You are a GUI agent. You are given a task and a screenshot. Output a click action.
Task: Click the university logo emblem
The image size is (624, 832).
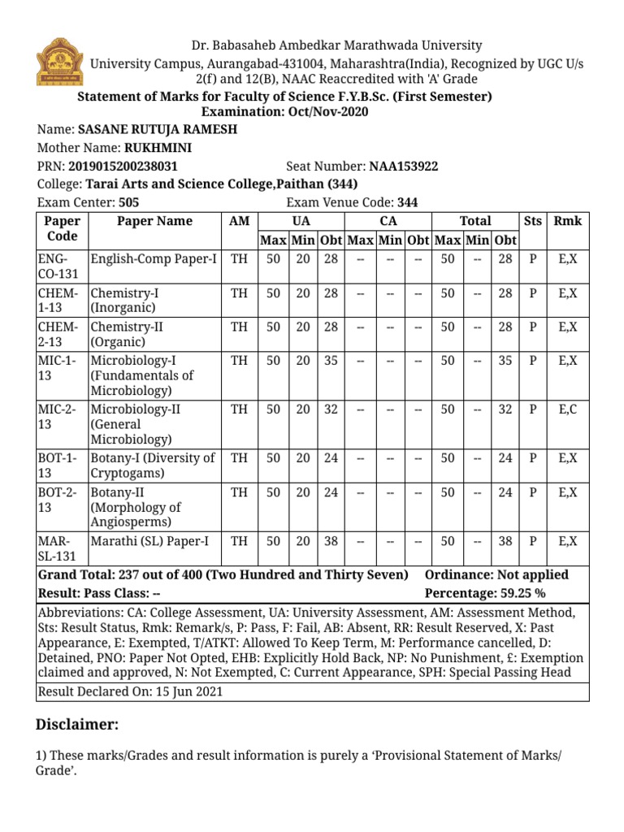pos(58,62)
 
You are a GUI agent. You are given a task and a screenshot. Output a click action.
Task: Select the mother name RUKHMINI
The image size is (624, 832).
pos(158,148)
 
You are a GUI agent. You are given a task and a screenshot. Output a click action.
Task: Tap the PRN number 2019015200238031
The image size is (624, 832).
pos(121,167)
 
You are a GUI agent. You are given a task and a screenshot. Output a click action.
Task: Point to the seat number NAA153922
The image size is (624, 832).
pos(403,167)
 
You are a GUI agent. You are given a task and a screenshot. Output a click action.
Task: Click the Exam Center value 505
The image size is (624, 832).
pos(129,203)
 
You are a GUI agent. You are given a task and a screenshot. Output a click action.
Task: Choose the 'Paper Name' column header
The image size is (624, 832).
pos(154,221)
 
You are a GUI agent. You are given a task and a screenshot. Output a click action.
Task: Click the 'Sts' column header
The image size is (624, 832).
pos(533,221)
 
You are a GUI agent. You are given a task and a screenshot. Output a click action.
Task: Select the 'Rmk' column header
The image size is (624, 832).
pos(568,221)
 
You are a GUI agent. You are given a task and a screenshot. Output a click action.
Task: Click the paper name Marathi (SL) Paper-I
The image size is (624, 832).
pos(149,541)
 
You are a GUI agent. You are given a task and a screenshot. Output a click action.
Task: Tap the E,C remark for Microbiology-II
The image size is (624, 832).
pos(568,409)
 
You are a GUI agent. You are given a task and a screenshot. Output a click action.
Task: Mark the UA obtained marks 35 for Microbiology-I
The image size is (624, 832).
pos(331,360)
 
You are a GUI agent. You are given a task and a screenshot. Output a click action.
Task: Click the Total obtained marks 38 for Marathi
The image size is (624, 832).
pos(505,541)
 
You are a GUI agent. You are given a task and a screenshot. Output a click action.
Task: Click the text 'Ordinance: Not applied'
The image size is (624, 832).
pos(496,575)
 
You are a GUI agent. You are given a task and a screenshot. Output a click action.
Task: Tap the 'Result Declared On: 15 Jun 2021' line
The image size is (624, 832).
pos(130,692)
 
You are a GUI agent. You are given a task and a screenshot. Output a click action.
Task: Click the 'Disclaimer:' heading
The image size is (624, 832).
pos(78,725)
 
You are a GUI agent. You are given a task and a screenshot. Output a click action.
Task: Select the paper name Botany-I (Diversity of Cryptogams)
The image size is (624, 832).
pos(153,466)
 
